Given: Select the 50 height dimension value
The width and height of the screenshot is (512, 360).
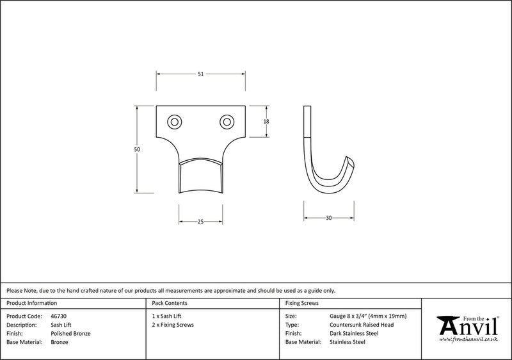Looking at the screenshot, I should (x=136, y=149).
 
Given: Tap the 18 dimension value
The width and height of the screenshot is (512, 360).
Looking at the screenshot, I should (x=266, y=121).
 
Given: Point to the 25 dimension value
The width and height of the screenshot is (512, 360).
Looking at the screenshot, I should (x=200, y=222).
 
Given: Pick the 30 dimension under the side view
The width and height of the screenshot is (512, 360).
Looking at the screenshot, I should (x=329, y=218).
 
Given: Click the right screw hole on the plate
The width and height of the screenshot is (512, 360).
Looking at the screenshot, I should (x=226, y=121).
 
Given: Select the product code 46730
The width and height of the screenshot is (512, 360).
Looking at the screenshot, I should (x=59, y=316).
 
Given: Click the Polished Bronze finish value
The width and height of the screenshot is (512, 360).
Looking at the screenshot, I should (x=70, y=334).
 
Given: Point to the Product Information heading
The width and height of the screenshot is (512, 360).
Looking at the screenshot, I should (x=31, y=302).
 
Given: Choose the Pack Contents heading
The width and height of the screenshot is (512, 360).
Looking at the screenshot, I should (x=170, y=302).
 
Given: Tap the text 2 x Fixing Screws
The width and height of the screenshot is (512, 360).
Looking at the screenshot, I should (x=173, y=325).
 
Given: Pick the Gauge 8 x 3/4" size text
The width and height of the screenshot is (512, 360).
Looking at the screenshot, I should (x=368, y=316).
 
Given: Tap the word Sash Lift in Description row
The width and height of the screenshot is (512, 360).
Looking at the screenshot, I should (x=61, y=325).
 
